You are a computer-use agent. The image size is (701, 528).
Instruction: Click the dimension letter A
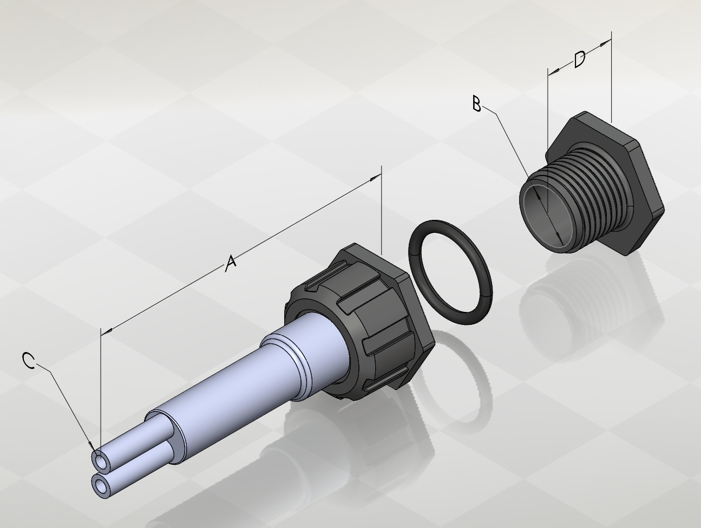pyautogui.click(x=231, y=263)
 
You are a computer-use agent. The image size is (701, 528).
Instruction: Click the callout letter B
pyautogui.click(x=476, y=104)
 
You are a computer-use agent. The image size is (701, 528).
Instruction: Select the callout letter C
pyautogui.click(x=29, y=361)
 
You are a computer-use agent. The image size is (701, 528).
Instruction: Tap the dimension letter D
pyautogui.click(x=580, y=60)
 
